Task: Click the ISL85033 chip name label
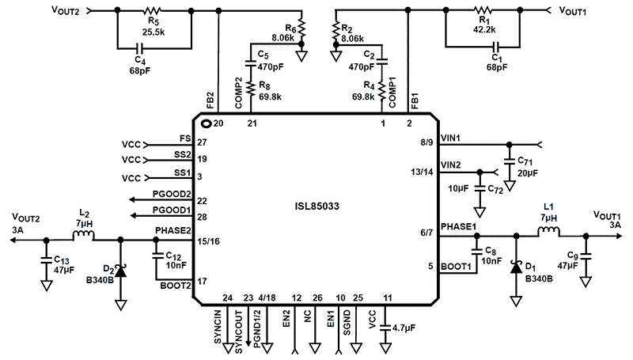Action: (317, 207)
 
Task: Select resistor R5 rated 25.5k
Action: (154, 10)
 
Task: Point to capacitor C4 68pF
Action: (143, 47)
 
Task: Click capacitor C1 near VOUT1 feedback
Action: (496, 47)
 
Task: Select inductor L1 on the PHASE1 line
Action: (550, 234)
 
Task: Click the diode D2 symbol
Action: (121, 268)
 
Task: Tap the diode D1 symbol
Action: (515, 267)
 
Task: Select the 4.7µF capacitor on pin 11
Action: (386, 326)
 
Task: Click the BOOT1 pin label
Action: (456, 267)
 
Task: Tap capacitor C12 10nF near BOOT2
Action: (157, 255)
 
